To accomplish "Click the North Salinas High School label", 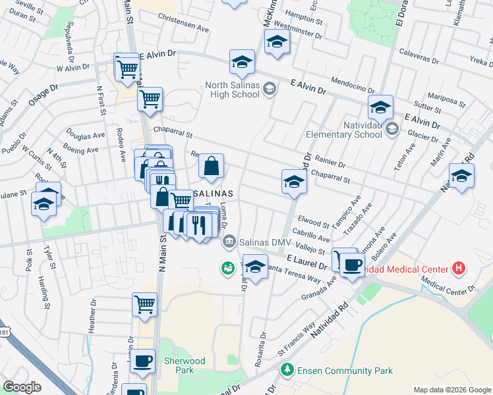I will click(232, 90).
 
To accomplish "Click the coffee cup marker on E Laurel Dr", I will click(352, 265).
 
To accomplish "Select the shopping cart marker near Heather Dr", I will click(145, 305).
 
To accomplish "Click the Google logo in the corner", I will click(22, 386).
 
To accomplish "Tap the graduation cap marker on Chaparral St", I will click(294, 181).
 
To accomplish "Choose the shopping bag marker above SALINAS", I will click(212, 167).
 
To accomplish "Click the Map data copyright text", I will click(451, 390).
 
